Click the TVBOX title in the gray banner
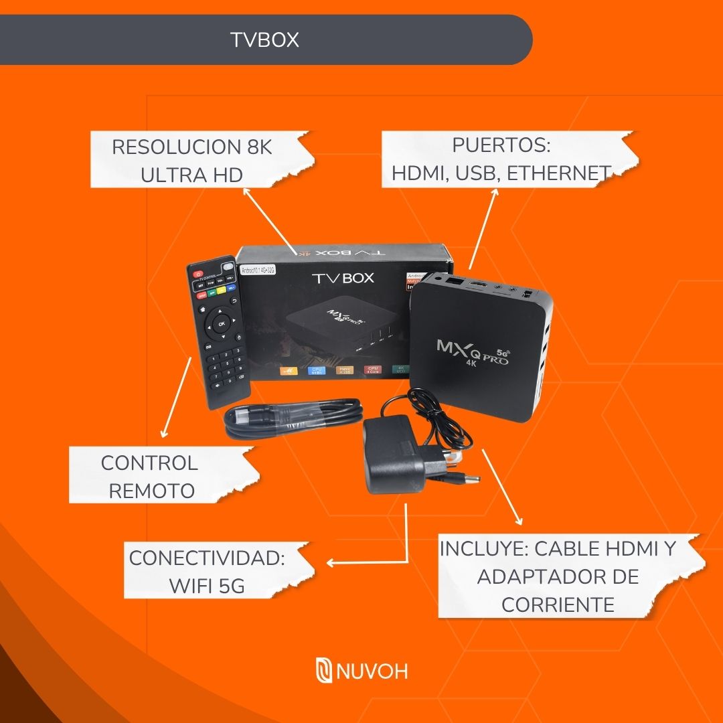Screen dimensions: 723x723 pyautogui.click(x=264, y=40)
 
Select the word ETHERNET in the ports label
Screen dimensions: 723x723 pyautogui.click(x=558, y=173)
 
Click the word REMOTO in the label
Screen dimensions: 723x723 pyautogui.click(x=151, y=491)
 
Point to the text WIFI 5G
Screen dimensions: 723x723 pyautogui.click(x=207, y=586)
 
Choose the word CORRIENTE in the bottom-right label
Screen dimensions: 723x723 pyautogui.click(x=558, y=605)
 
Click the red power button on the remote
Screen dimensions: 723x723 pyautogui.click(x=197, y=274)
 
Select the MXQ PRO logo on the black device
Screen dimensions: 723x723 pyautogui.click(x=473, y=351)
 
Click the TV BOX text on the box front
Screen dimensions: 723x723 pyautogui.click(x=343, y=278)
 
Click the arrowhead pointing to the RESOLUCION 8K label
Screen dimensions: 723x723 pyautogui.click(x=246, y=191)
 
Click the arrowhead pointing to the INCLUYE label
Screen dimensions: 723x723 pyautogui.click(x=518, y=523)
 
